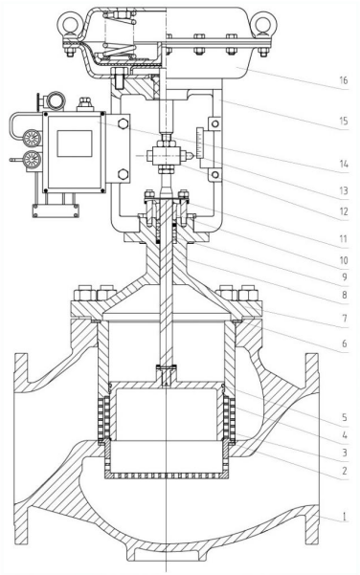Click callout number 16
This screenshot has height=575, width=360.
343,80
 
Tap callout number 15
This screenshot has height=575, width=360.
343,121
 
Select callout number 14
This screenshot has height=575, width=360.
343,164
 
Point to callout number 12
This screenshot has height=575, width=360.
343,211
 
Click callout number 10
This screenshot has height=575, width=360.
343,260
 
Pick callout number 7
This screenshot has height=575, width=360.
345,319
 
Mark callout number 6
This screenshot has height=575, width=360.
345,343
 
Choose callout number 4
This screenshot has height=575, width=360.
345,435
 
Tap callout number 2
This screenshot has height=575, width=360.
345,471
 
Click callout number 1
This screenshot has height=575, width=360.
345,517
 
